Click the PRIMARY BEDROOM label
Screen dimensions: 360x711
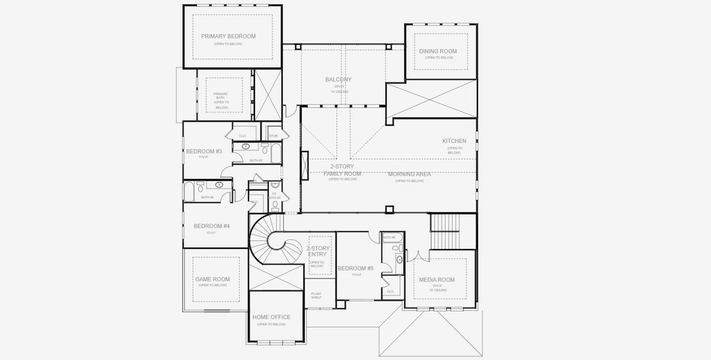228,37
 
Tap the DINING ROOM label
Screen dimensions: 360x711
438,52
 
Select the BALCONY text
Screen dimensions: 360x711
338,80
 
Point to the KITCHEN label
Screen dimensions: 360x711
454,141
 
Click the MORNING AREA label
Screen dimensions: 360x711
409,175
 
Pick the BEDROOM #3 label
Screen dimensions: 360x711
203,151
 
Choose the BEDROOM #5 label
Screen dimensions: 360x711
355,269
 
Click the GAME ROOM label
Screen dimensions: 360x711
212,280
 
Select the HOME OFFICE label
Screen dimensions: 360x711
271,317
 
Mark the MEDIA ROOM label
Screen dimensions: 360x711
437,280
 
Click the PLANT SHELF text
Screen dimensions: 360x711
316,295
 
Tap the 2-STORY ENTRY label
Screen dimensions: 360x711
317,251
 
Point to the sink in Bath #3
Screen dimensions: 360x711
246,146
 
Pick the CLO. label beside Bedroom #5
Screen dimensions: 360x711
390,292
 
